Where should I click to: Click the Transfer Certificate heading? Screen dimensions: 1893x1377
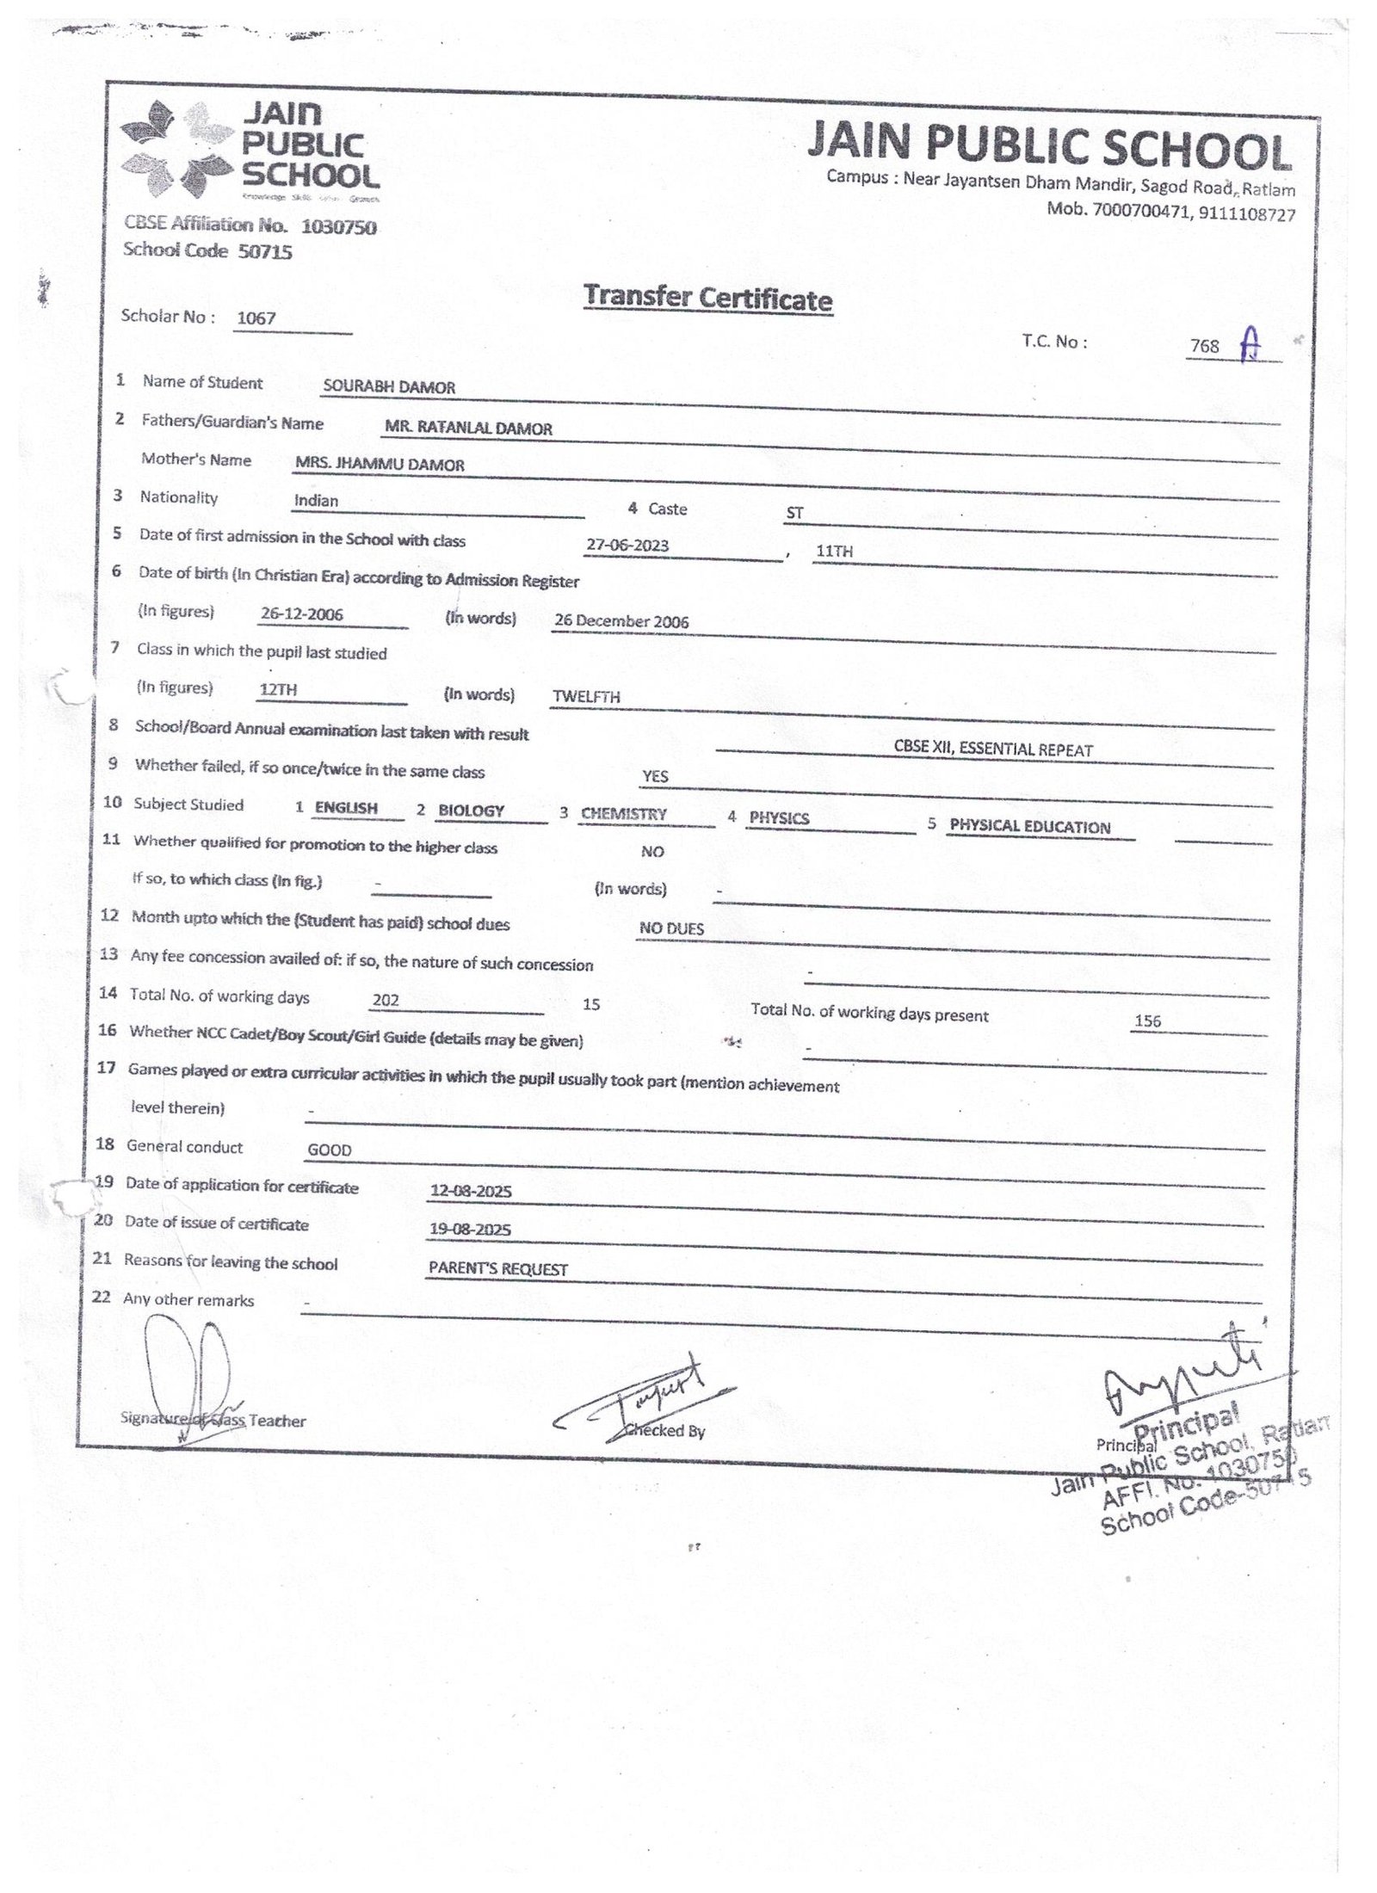707,298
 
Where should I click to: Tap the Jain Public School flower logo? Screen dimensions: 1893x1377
176,147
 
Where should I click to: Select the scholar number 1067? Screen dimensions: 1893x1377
256,318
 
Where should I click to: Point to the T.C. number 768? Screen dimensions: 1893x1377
1204,346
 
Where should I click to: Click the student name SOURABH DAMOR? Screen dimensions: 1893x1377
389,387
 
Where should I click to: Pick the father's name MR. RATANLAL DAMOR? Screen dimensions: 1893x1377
469,429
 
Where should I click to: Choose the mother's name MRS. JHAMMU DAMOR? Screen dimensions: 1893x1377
380,465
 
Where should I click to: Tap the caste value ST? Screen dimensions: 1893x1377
794,514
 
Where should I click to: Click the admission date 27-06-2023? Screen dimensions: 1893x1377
627,546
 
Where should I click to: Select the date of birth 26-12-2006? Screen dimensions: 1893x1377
302,614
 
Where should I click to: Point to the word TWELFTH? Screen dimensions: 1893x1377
586,697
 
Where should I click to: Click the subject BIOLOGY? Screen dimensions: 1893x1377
471,811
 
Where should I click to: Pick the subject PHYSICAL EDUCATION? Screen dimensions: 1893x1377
1030,827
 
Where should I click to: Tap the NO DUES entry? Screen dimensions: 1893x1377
671,928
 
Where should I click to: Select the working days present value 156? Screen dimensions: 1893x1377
1148,1021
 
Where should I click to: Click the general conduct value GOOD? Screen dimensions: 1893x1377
330,1150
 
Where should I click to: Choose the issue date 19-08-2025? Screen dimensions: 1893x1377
470,1230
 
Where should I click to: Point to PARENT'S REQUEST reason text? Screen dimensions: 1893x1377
498,1269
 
